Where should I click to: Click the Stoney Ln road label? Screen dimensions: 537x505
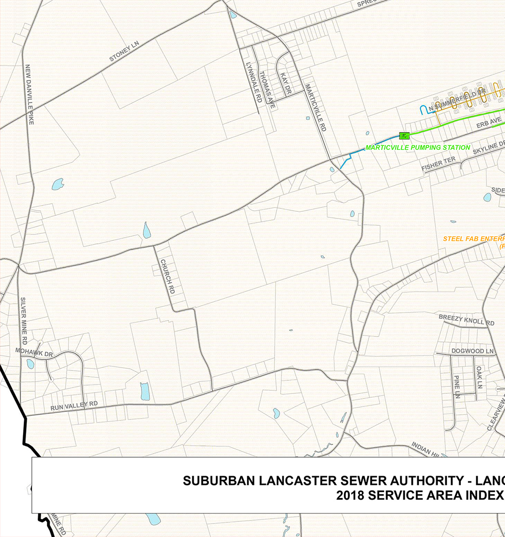click(124, 51)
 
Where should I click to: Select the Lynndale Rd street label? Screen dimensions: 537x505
click(254, 83)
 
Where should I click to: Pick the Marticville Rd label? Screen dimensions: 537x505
click(315, 108)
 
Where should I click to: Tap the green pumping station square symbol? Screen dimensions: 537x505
click(404, 136)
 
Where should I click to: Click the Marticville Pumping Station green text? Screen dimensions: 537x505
click(417, 147)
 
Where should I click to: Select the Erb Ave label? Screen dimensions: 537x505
click(489, 123)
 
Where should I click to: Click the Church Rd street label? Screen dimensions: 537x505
click(167, 276)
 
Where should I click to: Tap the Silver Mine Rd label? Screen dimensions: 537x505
click(24, 321)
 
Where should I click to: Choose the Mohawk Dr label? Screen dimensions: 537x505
click(34, 352)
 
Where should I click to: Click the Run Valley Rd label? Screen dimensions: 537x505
click(74, 406)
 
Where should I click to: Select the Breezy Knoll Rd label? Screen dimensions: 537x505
click(466, 320)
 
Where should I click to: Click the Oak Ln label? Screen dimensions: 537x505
click(479, 377)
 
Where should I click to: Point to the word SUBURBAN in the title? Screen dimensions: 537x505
click(219, 481)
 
